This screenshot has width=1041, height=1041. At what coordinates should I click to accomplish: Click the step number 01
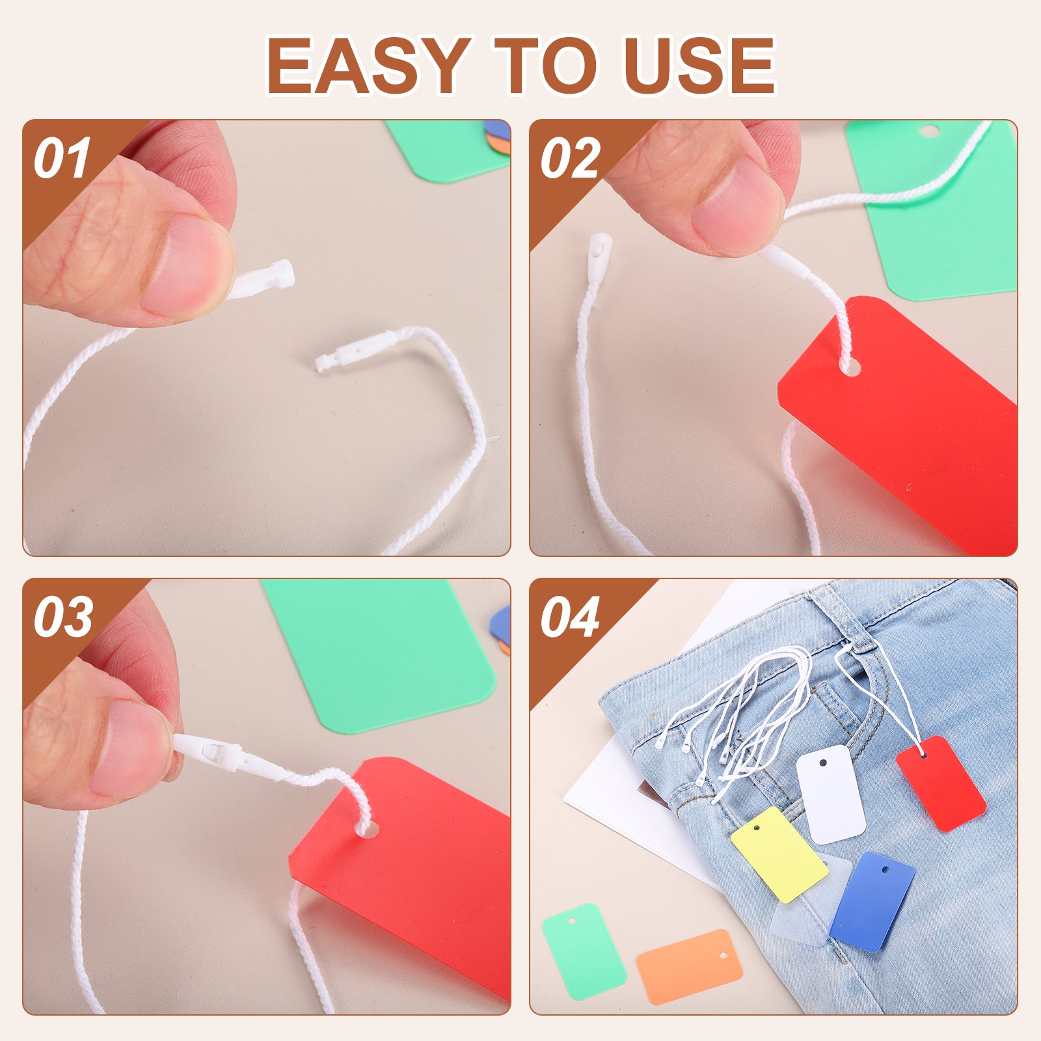pyautogui.click(x=62, y=159)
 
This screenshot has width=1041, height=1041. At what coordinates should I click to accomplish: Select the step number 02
pyautogui.click(x=570, y=159)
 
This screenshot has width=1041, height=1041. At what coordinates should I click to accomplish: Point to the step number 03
pyautogui.click(x=63, y=617)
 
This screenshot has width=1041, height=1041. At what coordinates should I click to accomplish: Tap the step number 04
pyautogui.click(x=570, y=617)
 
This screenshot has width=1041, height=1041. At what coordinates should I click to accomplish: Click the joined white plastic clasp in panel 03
pyautogui.click(x=221, y=755)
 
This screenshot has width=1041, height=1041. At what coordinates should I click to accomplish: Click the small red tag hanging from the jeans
pyautogui.click(x=941, y=783)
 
